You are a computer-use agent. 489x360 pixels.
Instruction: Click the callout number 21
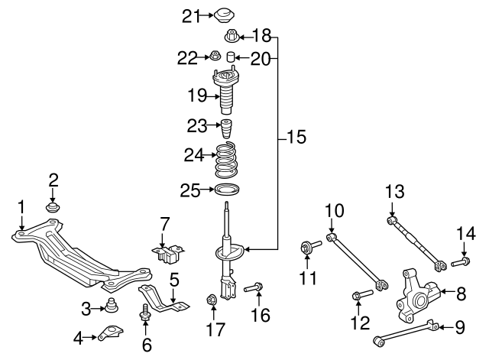pos(191,16)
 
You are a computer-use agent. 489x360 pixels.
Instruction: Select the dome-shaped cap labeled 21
pos(224,15)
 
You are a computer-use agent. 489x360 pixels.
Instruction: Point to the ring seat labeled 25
pos(228,190)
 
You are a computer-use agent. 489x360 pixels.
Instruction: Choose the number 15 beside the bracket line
pos(296,137)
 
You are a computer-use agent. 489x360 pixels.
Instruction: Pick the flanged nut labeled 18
pos(232,36)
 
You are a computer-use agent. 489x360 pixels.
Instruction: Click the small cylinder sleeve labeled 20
pos(230,57)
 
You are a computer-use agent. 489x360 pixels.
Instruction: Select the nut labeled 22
pos(215,56)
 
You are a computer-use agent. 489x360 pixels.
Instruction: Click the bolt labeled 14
pos(461,261)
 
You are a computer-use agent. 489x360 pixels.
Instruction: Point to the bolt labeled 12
pos(362,295)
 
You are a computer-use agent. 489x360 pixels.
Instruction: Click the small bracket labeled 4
pos(110,332)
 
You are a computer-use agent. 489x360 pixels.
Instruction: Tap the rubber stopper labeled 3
pos(112,305)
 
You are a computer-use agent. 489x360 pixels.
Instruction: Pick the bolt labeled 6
pos(144,312)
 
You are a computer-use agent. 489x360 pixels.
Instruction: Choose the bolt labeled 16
pos(253,287)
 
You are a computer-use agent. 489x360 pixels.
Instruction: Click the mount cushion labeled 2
pos(53,207)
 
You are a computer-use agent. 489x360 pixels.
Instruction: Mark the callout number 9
pos(460,327)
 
